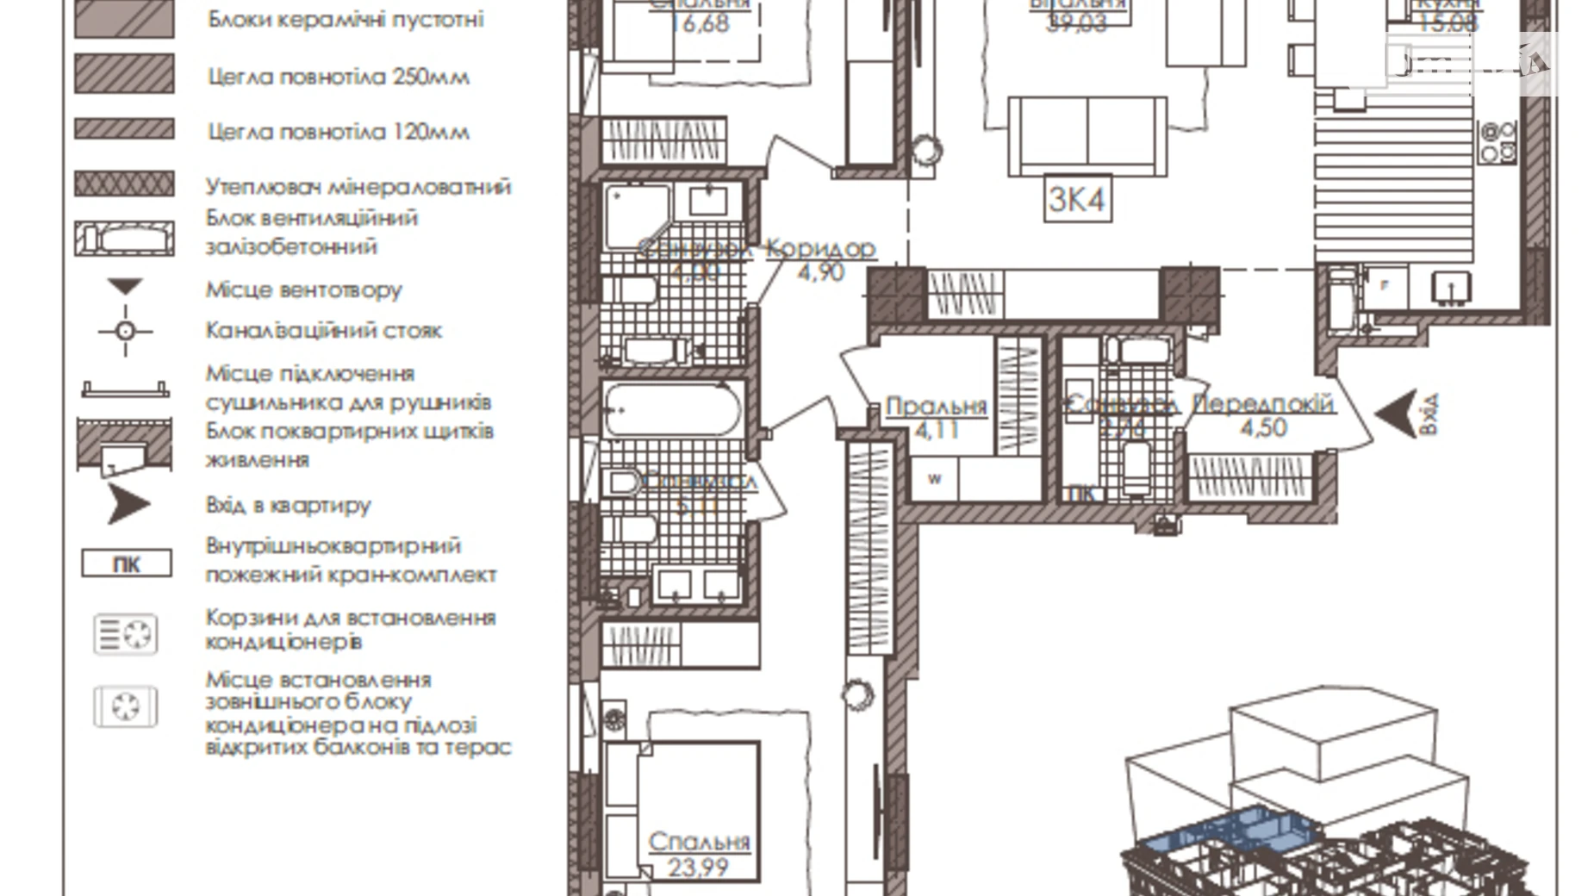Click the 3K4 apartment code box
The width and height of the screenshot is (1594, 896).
point(1076,199)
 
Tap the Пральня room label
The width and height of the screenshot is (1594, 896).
point(936,406)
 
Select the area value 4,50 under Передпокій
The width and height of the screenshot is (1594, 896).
point(1263,427)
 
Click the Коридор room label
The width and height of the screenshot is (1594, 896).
point(821,248)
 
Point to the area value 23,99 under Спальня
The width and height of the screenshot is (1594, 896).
point(697,867)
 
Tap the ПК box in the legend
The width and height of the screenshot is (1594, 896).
point(127,564)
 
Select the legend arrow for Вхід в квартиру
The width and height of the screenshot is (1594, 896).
point(128,504)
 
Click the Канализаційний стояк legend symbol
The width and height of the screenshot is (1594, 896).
point(126,331)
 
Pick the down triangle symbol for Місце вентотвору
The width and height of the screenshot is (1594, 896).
point(125,286)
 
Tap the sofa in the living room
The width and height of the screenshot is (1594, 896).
point(1087,136)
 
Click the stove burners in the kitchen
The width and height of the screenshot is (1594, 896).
point(1497,142)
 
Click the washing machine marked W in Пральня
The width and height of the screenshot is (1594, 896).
point(935,480)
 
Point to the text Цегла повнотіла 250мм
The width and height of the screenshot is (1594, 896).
point(339,77)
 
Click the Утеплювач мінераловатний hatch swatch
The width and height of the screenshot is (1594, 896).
point(124,184)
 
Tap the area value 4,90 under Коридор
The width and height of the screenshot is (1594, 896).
point(820,272)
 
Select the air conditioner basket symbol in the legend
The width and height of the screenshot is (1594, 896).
point(126,635)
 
